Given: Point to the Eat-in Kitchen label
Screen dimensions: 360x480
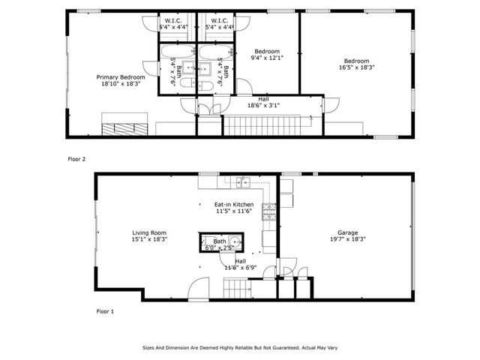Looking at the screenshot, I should coord(233,205).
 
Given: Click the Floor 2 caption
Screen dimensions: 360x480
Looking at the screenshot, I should coord(77,159).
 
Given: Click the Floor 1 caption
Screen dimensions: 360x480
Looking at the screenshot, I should coord(106,310).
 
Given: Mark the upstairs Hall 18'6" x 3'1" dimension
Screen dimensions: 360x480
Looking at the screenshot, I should coord(263,106).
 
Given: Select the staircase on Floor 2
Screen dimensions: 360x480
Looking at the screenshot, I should coord(262,125).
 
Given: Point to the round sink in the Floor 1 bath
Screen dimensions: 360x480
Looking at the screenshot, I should coord(235,242).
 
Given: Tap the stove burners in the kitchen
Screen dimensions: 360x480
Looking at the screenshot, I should coord(268,213).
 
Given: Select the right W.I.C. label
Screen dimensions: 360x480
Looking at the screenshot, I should coord(219,20).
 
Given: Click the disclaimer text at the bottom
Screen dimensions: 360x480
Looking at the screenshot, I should coord(239,348).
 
